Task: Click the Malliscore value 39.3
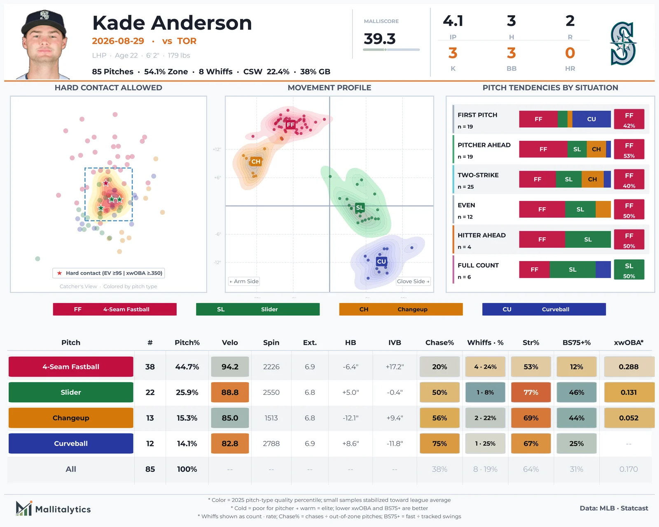tap(379, 39)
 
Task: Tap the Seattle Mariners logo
tap(623, 44)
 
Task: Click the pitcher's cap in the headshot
tap(44, 22)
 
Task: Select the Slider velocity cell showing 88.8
tap(230, 392)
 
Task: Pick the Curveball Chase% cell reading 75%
tap(439, 443)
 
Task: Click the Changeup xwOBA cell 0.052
tap(629, 417)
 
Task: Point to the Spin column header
tap(271, 343)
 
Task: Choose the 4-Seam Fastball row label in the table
tap(71, 366)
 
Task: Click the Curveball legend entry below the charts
tap(544, 309)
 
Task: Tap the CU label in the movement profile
tap(381, 261)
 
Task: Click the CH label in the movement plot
tap(256, 161)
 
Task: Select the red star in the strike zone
tap(106, 183)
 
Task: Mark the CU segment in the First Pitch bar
tap(591, 119)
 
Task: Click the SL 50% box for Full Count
tap(629, 270)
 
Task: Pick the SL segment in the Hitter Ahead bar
tap(588, 240)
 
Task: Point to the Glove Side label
tap(413, 282)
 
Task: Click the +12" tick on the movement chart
tap(217, 149)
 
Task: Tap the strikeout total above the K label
tap(453, 53)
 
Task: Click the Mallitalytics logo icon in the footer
tap(24, 508)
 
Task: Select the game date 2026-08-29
tap(118, 41)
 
